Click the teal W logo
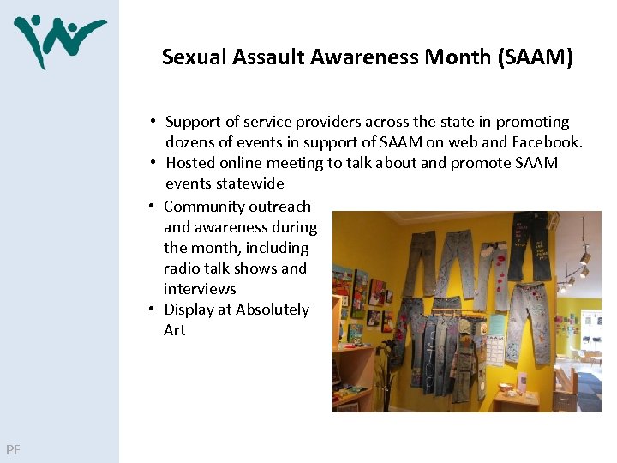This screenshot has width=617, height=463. click(x=59, y=40)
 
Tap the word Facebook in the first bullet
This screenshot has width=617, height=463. click(x=548, y=142)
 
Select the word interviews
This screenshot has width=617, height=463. click(x=200, y=289)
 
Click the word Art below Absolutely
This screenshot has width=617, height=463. click(x=174, y=330)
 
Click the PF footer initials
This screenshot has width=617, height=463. click(x=13, y=449)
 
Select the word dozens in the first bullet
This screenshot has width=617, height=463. click(x=190, y=142)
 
